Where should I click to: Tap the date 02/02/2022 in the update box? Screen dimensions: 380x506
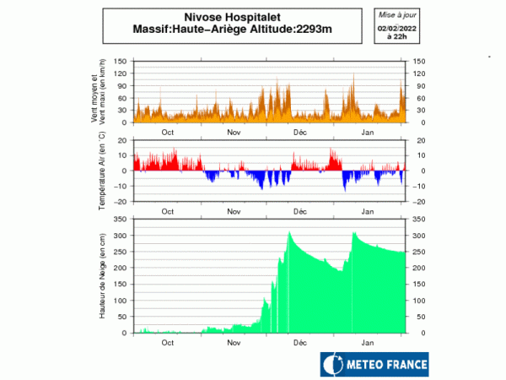point(396,29)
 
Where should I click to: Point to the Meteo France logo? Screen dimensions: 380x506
point(374,365)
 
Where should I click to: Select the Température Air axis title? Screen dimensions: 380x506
point(100,171)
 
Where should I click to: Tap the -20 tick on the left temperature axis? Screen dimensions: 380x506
point(122,202)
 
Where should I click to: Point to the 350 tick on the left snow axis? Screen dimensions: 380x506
point(121,220)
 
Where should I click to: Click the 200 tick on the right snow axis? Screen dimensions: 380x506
point(419,268)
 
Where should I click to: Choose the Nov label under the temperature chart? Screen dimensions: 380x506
point(234,212)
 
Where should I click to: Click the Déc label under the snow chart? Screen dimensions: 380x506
point(299,344)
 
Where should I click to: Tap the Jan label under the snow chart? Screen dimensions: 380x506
point(368,344)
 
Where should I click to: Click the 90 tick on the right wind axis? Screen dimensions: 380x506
point(417,86)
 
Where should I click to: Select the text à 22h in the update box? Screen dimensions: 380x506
point(396,38)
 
